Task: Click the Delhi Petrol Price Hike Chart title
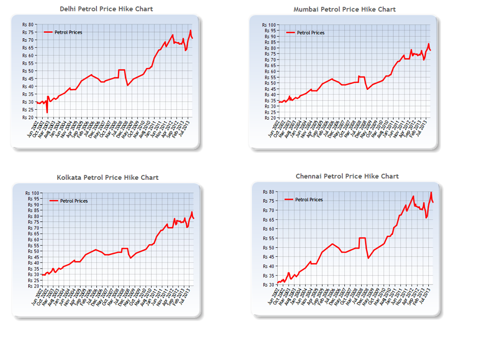pyautogui.click(x=106, y=9)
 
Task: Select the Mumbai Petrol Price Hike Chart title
pyautogui.click(x=344, y=9)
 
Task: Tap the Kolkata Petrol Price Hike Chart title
pyautogui.click(x=107, y=177)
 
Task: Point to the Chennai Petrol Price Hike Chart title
pyautogui.click(x=347, y=176)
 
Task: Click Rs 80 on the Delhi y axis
pyautogui.click(x=28, y=24)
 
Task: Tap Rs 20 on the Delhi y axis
pyautogui.click(x=28, y=118)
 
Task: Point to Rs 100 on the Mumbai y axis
pyautogui.click(x=268, y=25)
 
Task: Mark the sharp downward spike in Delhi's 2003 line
pyautogui.click(x=47, y=112)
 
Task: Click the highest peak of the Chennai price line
pyautogui.click(x=431, y=193)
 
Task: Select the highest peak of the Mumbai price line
pyautogui.click(x=428, y=44)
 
